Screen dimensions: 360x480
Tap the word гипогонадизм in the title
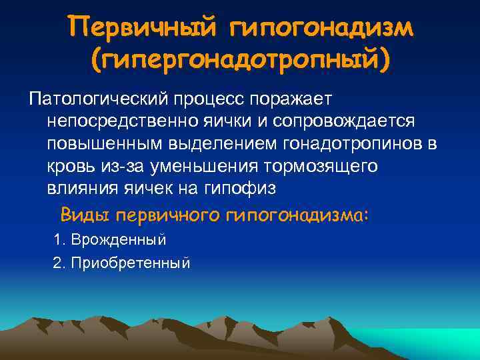point(321,28)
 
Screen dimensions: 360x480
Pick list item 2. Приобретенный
point(121,263)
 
